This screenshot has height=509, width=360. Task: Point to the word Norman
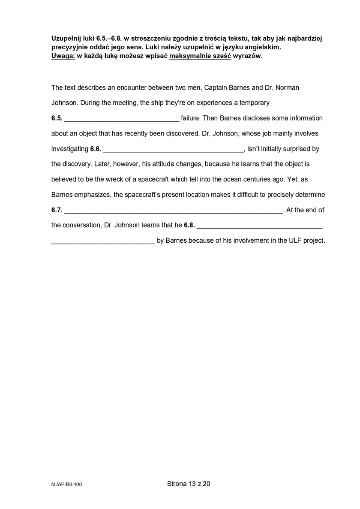pos(287,87)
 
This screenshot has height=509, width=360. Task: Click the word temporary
pos(255,103)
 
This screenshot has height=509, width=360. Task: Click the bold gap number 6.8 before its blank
pos(189,225)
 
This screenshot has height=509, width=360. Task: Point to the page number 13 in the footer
pos(192,484)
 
